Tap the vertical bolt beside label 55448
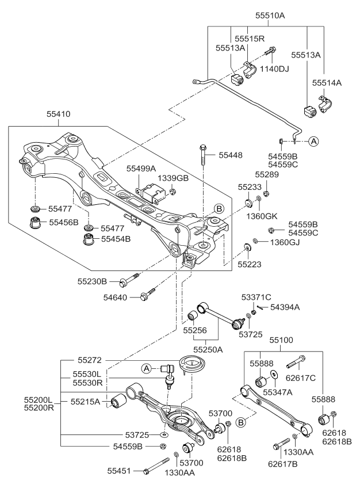click(x=204, y=155)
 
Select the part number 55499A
click(x=141, y=169)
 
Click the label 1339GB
click(x=174, y=178)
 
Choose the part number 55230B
click(x=93, y=281)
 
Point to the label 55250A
click(x=208, y=349)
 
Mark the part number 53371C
click(x=256, y=297)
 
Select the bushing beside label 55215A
click(x=118, y=401)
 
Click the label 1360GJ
click(x=285, y=242)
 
